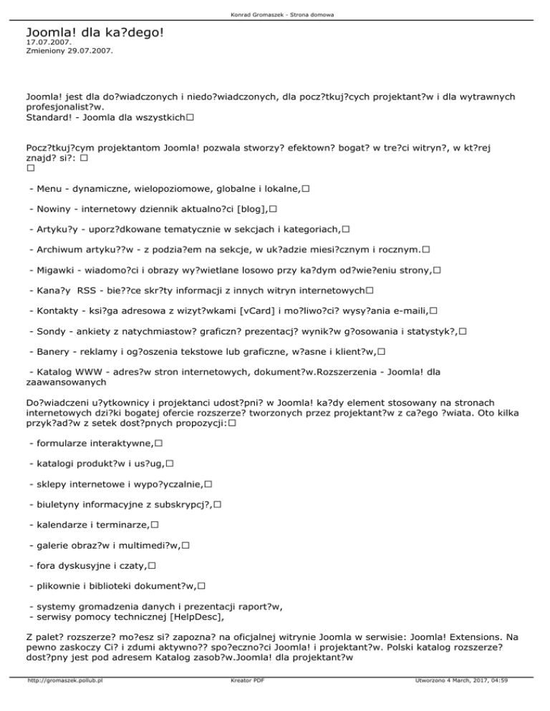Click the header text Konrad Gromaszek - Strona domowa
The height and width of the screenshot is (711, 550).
pyautogui.click(x=275, y=14)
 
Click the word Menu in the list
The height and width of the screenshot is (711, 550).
pyautogui.click(x=47, y=188)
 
